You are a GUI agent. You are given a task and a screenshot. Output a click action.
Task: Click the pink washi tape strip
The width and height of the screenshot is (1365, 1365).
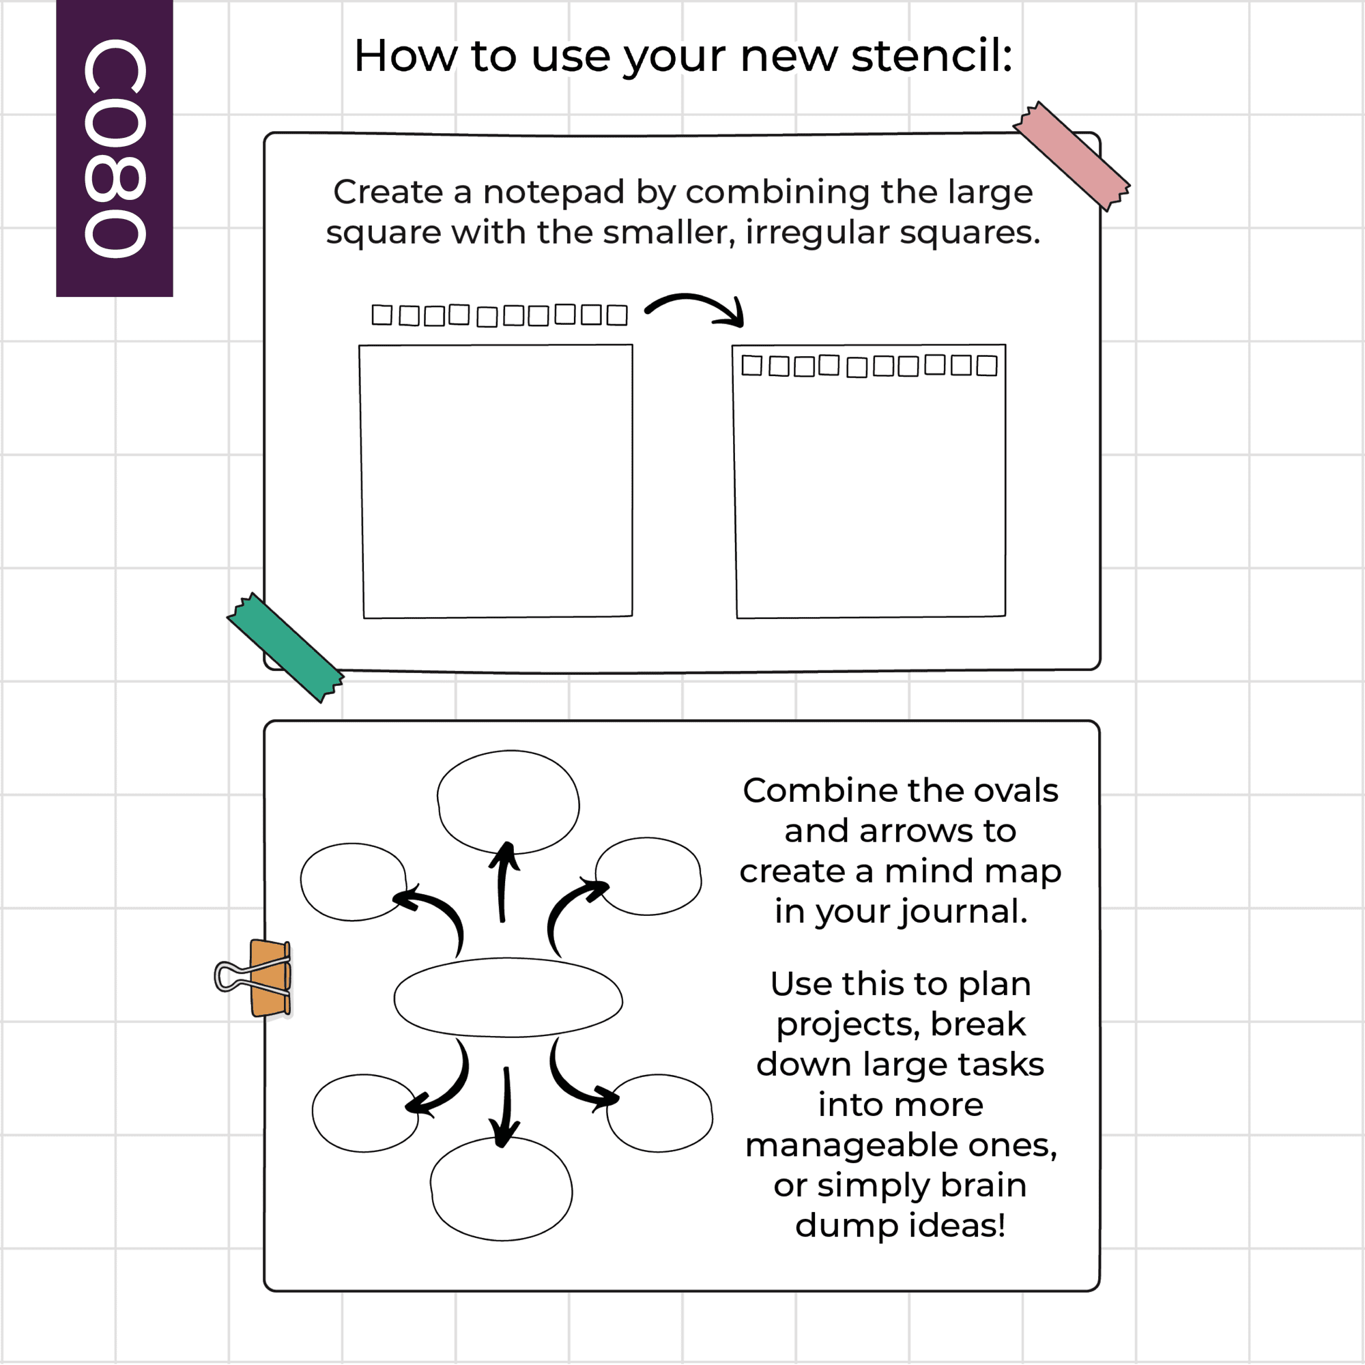click(1071, 156)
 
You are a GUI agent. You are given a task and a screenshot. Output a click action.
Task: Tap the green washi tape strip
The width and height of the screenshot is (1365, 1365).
click(285, 647)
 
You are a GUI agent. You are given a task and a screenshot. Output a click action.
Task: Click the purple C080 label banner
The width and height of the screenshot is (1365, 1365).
click(115, 148)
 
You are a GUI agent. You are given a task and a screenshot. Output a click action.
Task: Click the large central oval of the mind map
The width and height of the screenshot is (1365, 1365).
click(508, 998)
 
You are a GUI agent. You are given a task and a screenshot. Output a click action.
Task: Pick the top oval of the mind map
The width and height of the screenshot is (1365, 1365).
click(508, 802)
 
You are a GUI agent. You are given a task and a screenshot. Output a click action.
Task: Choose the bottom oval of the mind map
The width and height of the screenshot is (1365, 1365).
click(502, 1189)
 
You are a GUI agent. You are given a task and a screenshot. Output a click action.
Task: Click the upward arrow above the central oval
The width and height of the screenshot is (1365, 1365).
click(503, 882)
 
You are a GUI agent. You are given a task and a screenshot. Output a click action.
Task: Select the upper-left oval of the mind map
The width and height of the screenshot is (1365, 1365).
click(354, 882)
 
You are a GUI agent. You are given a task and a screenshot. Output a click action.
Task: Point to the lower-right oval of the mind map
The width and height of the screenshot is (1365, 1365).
click(659, 1113)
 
